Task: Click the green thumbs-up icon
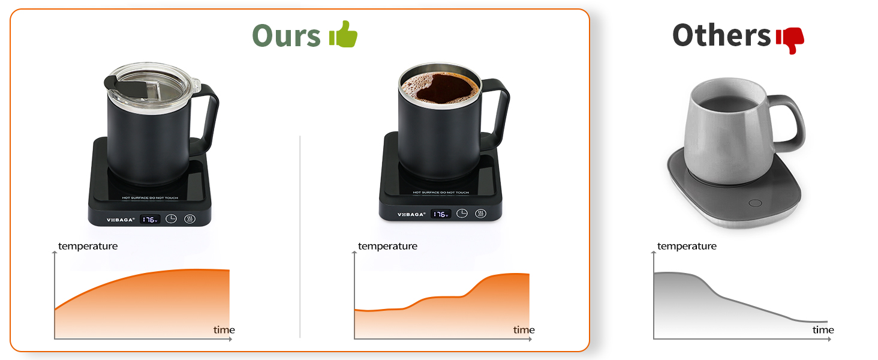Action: (x=344, y=35)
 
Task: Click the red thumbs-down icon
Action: (x=789, y=40)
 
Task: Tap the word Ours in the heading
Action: (x=286, y=35)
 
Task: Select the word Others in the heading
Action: (x=721, y=35)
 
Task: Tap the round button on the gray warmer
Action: (x=756, y=203)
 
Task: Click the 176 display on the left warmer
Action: (x=149, y=220)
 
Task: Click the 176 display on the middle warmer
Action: (x=441, y=214)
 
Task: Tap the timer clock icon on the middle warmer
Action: (x=462, y=214)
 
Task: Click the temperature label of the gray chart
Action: (x=686, y=246)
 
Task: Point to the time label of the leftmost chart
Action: (x=224, y=330)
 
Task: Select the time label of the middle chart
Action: (x=524, y=330)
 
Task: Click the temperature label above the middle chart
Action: (x=387, y=246)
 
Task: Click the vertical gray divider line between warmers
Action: (x=300, y=240)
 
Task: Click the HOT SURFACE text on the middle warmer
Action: (x=441, y=193)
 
